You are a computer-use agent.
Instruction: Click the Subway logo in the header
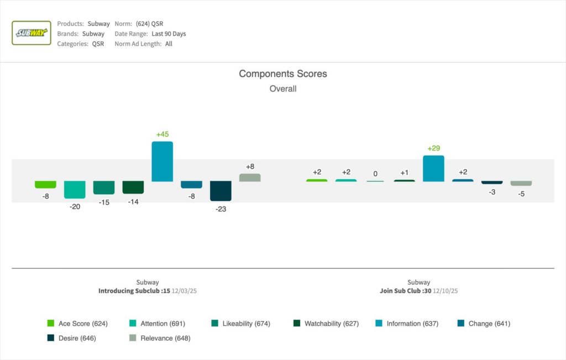[32, 33]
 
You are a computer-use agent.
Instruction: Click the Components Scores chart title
[283, 74]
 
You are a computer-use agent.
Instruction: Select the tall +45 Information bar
[163, 161]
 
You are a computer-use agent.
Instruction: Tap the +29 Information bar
[433, 169]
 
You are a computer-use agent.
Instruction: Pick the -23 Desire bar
[221, 191]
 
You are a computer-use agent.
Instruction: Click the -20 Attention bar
[75, 190]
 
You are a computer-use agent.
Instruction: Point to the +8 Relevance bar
[250, 178]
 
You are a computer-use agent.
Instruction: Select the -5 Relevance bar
[521, 184]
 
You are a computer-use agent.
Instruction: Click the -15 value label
[104, 202]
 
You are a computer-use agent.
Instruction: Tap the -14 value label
[133, 202]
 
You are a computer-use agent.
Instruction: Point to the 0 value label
[375, 174]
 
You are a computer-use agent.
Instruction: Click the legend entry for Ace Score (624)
[77, 324]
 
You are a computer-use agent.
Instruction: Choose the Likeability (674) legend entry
[241, 324]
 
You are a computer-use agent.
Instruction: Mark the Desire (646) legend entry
[71, 338]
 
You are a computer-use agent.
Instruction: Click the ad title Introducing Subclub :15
[134, 290]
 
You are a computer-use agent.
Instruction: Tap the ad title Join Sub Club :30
[405, 290]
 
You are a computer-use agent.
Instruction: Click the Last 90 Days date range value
[169, 34]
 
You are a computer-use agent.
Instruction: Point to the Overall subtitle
[283, 88]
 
